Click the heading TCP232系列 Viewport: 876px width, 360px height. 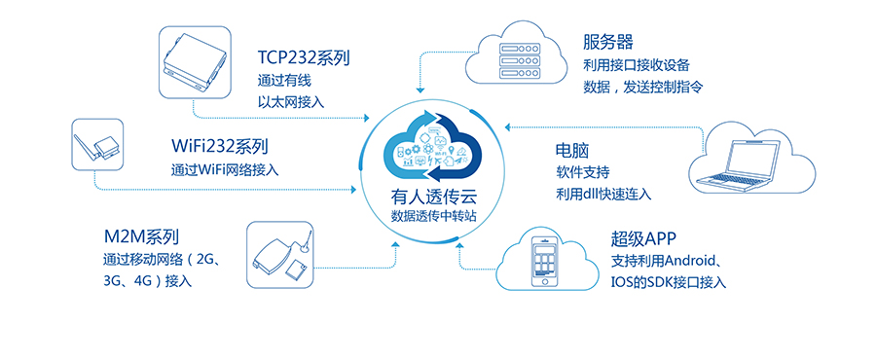[303, 57]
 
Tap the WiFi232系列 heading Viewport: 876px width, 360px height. [219, 147]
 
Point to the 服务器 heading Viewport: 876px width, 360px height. [608, 42]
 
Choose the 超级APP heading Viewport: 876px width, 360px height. [643, 239]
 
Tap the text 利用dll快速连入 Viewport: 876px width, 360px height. [603, 194]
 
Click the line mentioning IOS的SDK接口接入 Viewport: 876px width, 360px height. [669, 282]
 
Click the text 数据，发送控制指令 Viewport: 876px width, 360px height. [642, 87]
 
